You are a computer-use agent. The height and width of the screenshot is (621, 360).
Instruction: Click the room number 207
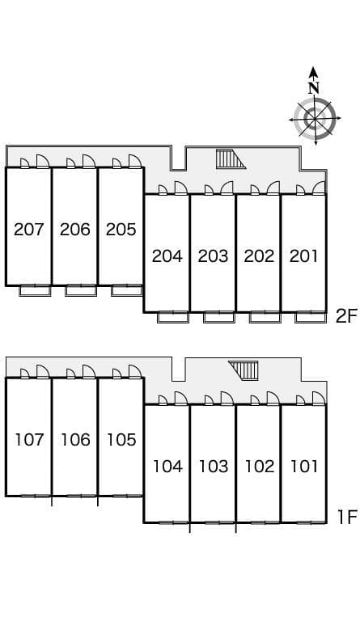[29, 230]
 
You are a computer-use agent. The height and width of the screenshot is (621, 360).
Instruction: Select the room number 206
[75, 230]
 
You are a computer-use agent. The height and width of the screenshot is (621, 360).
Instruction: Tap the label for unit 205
[121, 230]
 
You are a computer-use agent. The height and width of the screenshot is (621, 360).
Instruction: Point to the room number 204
[167, 256]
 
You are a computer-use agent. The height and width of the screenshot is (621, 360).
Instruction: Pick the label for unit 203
[213, 256]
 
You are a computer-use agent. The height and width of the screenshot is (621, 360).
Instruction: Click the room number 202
[259, 256]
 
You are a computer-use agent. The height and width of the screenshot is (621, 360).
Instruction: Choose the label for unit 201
[303, 256]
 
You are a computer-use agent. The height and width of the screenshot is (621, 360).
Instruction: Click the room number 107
[29, 440]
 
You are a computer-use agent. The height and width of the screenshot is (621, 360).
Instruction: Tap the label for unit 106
[75, 440]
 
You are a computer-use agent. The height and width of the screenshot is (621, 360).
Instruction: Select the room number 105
[121, 440]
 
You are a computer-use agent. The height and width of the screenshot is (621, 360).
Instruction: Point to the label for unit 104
[167, 467]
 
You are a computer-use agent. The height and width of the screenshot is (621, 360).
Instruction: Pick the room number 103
[213, 467]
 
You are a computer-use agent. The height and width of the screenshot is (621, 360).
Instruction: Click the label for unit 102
[259, 467]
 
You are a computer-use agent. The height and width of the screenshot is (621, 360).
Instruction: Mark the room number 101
[303, 467]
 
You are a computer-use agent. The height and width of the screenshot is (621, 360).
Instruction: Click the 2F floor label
[345, 316]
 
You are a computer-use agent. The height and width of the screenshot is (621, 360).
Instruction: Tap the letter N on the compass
[314, 87]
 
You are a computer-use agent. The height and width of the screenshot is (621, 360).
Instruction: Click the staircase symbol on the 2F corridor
[231, 159]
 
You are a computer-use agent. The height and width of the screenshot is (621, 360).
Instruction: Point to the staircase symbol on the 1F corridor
[244, 370]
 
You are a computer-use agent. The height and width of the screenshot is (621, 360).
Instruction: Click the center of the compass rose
[314, 119]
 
